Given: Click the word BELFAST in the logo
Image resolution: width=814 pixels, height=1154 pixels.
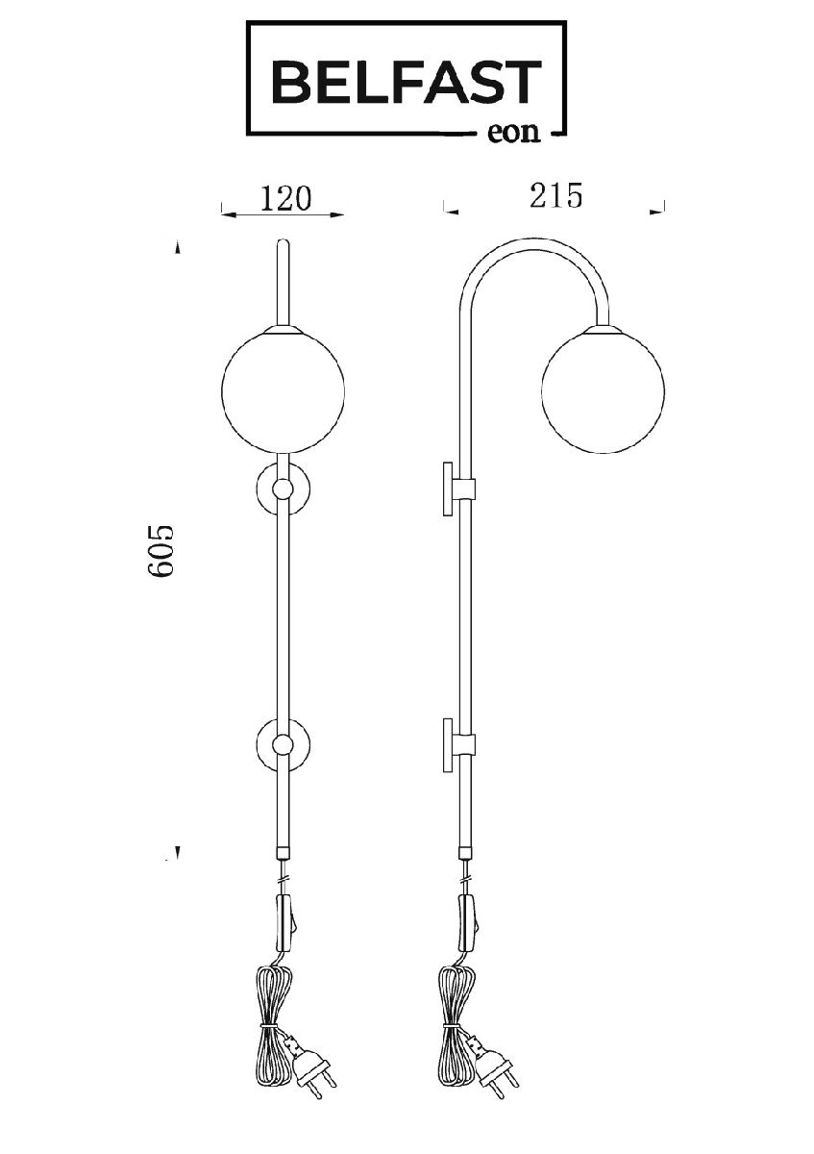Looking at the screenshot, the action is point(407,82).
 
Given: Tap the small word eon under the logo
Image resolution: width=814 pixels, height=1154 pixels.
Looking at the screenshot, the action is point(513,132).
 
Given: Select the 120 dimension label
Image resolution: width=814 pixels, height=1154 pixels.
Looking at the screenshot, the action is point(285,198).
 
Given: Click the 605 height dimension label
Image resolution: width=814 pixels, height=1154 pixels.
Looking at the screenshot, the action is point(160,551).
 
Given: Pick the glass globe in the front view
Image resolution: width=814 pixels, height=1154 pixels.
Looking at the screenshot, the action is point(283,391).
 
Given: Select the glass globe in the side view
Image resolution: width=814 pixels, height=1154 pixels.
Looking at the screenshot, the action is point(603,391).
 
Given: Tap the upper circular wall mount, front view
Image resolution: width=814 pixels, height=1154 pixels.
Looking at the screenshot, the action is point(283,489).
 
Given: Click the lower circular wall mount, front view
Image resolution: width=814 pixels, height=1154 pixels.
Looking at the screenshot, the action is point(283,745).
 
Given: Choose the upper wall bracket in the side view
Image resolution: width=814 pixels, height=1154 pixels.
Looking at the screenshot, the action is point(458,489).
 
